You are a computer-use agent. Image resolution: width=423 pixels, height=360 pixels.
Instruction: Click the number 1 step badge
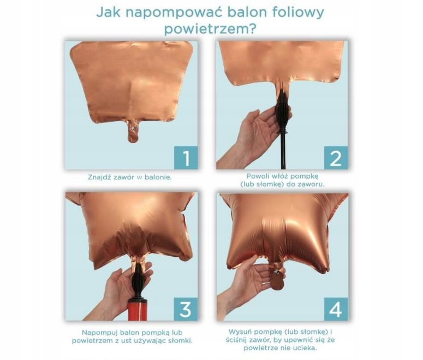coord(186,158)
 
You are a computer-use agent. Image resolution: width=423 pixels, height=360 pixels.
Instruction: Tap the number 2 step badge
coord(336,158)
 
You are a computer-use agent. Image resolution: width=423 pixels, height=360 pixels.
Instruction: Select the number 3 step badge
coord(186,309)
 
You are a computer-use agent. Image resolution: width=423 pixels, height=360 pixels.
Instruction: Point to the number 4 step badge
coord(336,309)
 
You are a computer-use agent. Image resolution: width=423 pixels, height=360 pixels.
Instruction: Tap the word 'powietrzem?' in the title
coord(210,28)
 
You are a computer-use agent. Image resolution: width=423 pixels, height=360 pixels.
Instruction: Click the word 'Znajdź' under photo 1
coord(98,178)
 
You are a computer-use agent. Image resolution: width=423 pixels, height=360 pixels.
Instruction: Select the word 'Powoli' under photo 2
coord(257,176)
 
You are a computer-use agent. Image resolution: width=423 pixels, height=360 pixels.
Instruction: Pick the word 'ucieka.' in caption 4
coord(306,348)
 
